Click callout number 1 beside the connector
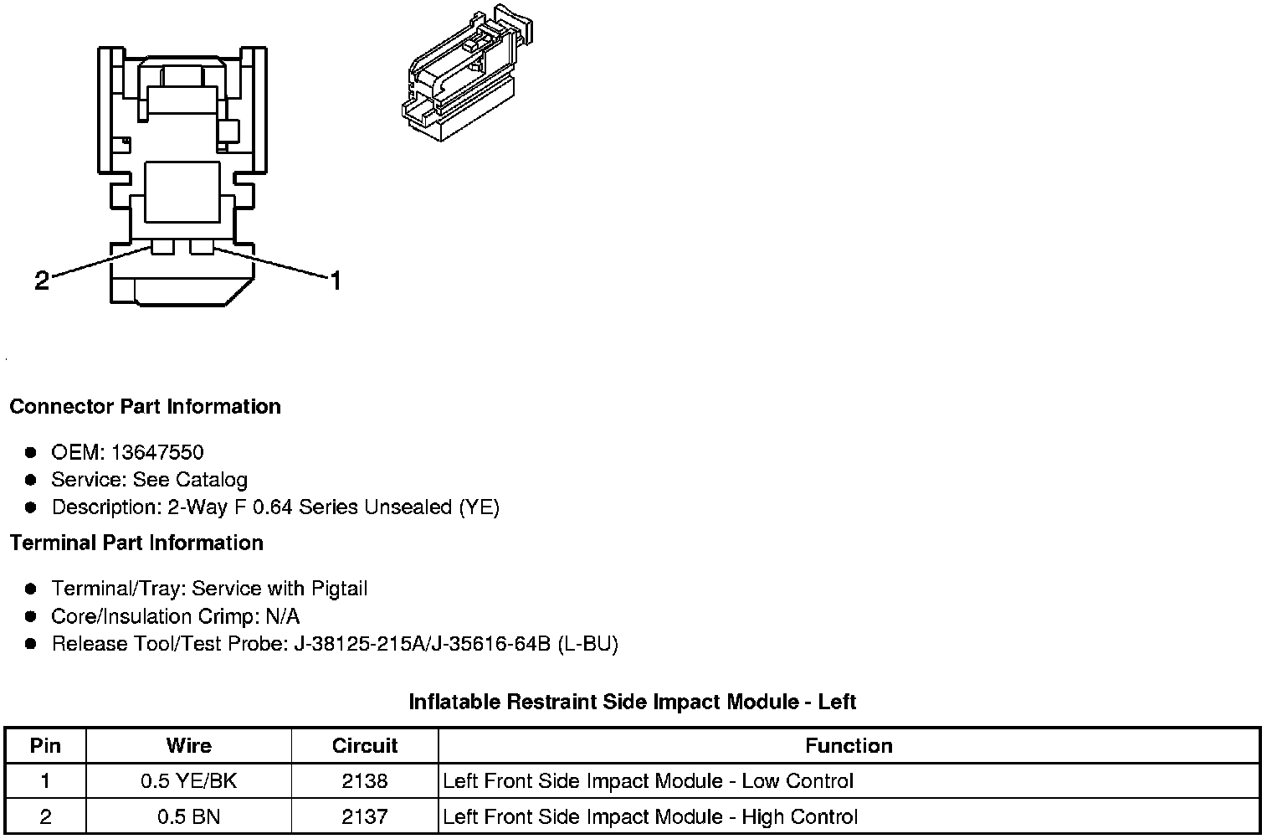[336, 281]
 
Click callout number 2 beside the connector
[42, 281]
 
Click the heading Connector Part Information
[145, 407]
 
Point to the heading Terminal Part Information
[136, 543]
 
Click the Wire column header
[189, 746]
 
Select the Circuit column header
[365, 746]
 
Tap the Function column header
[849, 746]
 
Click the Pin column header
[45, 746]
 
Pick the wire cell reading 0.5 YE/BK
[189, 781]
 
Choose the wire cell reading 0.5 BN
[189, 816]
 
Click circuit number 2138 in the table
[365, 781]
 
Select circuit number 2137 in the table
[365, 816]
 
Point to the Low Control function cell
[648, 781]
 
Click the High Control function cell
[650, 816]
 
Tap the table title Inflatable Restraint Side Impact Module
[632, 702]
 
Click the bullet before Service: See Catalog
[31, 480]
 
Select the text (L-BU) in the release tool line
[587, 644]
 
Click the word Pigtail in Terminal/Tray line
[339, 589]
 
